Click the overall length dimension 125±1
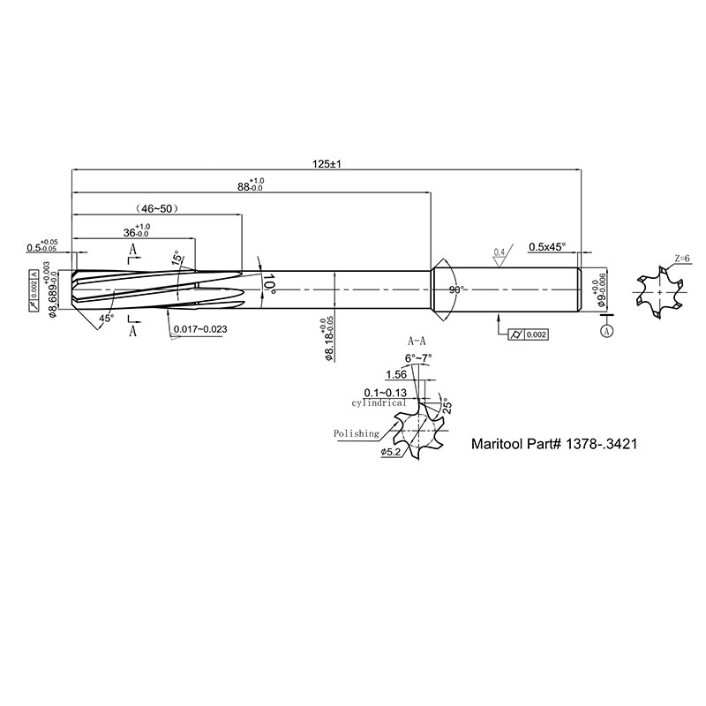click(x=327, y=163)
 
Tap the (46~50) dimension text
click(x=158, y=208)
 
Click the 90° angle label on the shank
click(x=456, y=289)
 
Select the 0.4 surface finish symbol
click(x=499, y=252)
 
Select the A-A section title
click(x=417, y=340)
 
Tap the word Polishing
click(x=357, y=433)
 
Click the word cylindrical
click(x=379, y=402)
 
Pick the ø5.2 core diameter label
click(x=392, y=453)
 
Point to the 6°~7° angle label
click(x=417, y=357)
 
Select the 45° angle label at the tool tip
click(x=106, y=318)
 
